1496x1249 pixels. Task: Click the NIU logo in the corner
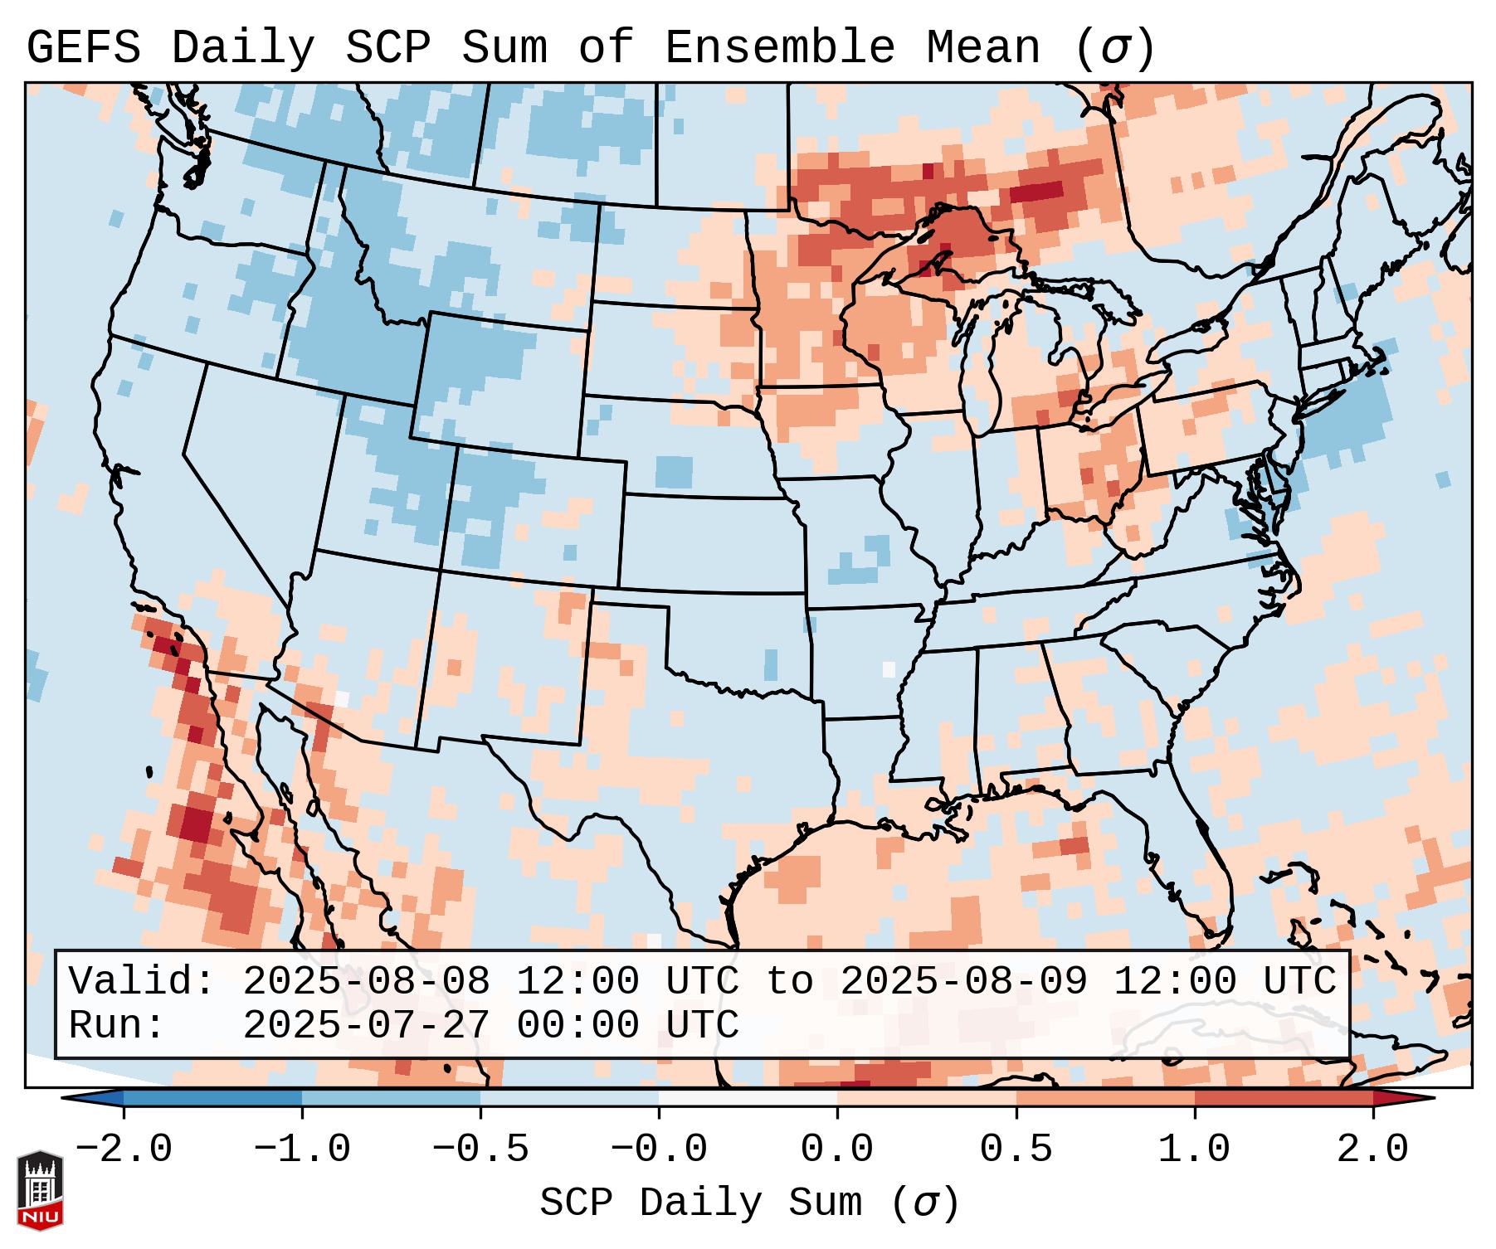click(x=40, y=1190)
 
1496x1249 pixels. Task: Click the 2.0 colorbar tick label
click(x=1372, y=1149)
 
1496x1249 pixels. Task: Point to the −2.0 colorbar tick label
click(x=124, y=1149)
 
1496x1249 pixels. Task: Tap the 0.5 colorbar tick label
click(x=1016, y=1149)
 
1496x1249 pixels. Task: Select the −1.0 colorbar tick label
click(x=302, y=1149)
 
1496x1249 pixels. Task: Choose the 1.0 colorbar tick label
click(x=1194, y=1149)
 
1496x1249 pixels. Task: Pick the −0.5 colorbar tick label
click(x=480, y=1149)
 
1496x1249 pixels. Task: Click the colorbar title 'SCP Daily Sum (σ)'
click(x=749, y=1203)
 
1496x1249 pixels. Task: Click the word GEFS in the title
click(x=83, y=48)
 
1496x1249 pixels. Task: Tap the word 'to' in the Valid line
click(x=790, y=982)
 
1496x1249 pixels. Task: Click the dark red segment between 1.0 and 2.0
click(x=1284, y=1098)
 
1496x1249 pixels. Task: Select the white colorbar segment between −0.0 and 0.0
click(x=748, y=1098)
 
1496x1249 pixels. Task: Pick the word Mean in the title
click(x=983, y=48)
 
